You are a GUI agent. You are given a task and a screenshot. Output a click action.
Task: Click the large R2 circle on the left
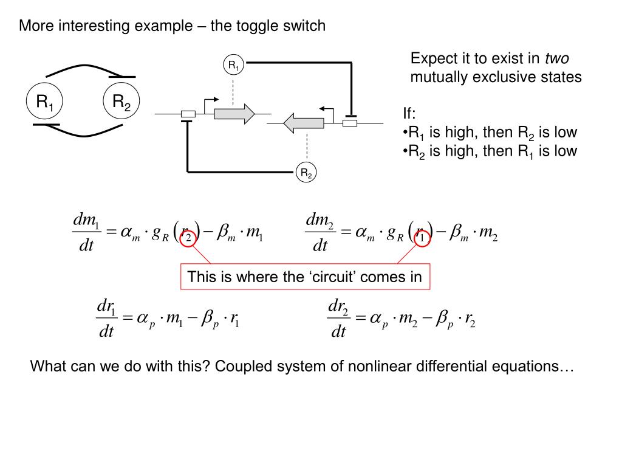121,102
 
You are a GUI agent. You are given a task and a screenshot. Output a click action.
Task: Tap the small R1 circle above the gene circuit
234,65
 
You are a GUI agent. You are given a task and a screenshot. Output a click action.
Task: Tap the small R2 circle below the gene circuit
306,173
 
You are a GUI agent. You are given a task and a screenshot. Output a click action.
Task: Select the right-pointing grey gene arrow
234,114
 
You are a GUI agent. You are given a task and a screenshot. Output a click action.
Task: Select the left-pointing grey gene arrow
303,123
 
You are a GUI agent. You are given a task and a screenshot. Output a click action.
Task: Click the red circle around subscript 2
189,238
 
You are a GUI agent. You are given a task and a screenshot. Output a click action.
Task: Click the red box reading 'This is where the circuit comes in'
304,277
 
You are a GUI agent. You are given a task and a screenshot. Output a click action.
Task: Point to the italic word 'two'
556,59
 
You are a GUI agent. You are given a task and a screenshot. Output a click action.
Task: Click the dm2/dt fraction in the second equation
320,232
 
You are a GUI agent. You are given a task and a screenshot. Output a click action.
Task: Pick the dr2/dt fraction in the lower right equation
338,319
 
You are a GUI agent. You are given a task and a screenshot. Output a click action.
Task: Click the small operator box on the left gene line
188,114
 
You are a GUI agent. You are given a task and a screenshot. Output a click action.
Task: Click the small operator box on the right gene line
350,123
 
